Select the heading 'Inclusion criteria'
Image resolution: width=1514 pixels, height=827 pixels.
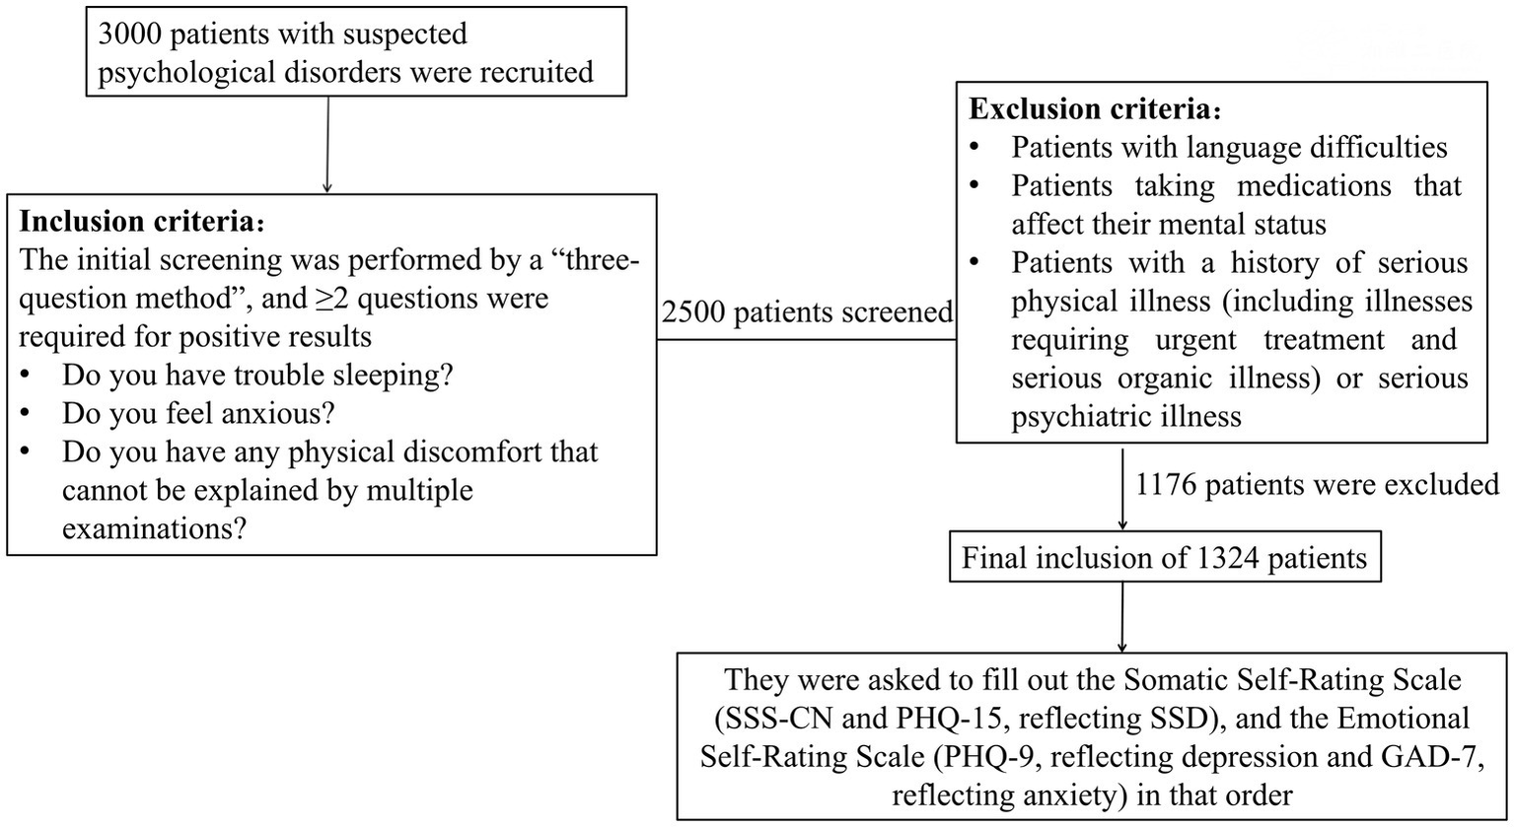[157, 222]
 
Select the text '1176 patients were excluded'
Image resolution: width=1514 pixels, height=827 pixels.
[1318, 484]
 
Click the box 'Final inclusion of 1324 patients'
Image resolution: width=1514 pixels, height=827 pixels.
[1164, 558]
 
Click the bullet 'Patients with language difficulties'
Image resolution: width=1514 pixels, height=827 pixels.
[1228, 148]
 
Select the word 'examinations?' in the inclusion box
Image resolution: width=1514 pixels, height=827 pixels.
[153, 528]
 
